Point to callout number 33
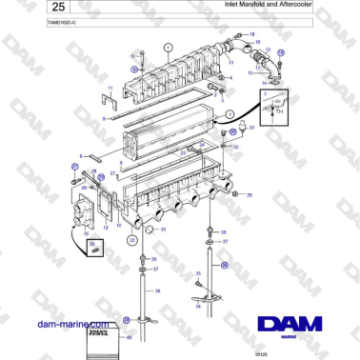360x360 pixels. pyautogui.click(x=163, y=229)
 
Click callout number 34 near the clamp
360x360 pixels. pyautogui.click(x=194, y=307)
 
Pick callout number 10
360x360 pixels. pyautogui.click(x=86, y=231)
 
